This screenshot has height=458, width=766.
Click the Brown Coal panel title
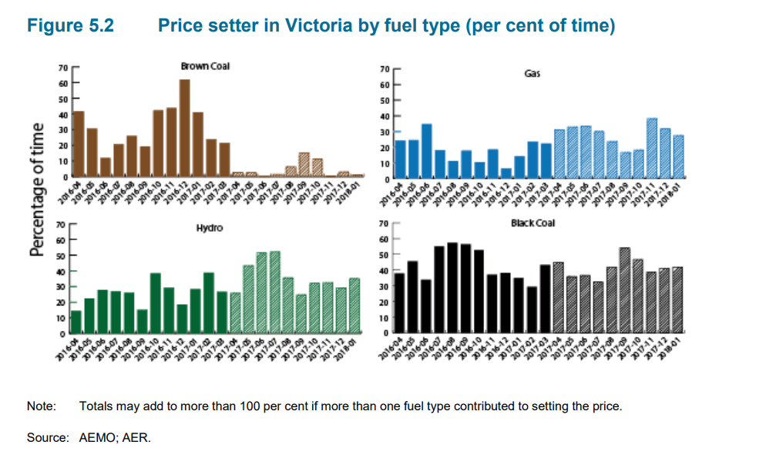[205, 66]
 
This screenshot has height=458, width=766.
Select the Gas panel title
[532, 74]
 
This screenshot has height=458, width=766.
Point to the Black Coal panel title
[533, 223]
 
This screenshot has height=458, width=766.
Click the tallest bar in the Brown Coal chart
[185, 128]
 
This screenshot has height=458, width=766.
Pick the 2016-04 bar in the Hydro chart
[76, 323]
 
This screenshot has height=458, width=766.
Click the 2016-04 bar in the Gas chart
[400, 159]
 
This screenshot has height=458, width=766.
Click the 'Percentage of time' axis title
[36, 189]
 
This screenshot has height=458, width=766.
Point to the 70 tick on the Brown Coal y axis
[62, 68]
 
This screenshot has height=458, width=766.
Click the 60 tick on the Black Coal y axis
[385, 239]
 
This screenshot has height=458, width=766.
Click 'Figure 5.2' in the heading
[70, 25]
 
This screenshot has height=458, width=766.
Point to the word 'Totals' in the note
[96, 406]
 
